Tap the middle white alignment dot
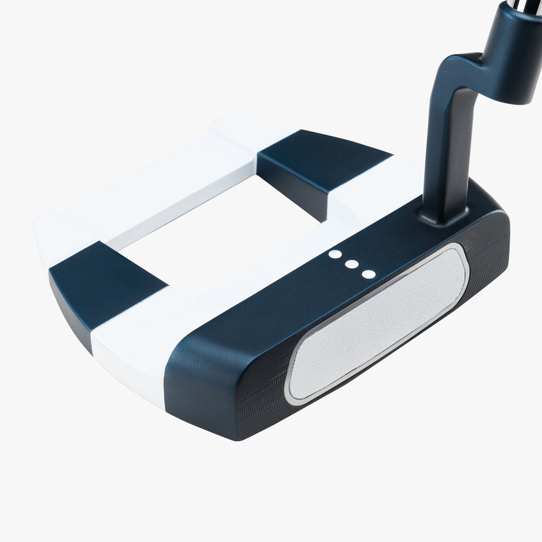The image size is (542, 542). (x=352, y=264)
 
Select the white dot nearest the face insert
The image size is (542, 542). (x=369, y=274)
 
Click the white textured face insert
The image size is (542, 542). (x=376, y=323)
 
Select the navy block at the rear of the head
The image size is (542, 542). (x=323, y=160)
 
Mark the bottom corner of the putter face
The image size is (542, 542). (x=238, y=439)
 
